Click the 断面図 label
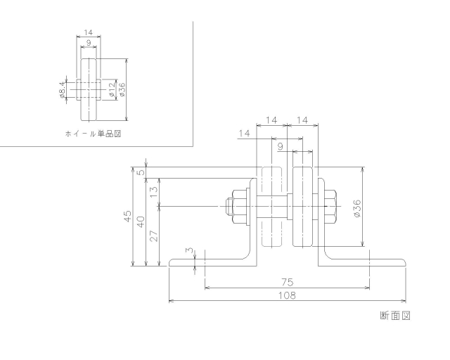pyautogui.click(x=394, y=315)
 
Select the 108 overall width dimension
pyautogui.click(x=285, y=295)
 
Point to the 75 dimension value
pyautogui.click(x=286, y=281)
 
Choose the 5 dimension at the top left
pyautogui.click(x=141, y=172)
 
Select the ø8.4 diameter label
pyautogui.click(x=63, y=89)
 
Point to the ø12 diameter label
pyautogui.click(x=111, y=89)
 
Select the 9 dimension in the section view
pyautogui.click(x=281, y=147)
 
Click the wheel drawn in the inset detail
pyautogui.click(x=89, y=89)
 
